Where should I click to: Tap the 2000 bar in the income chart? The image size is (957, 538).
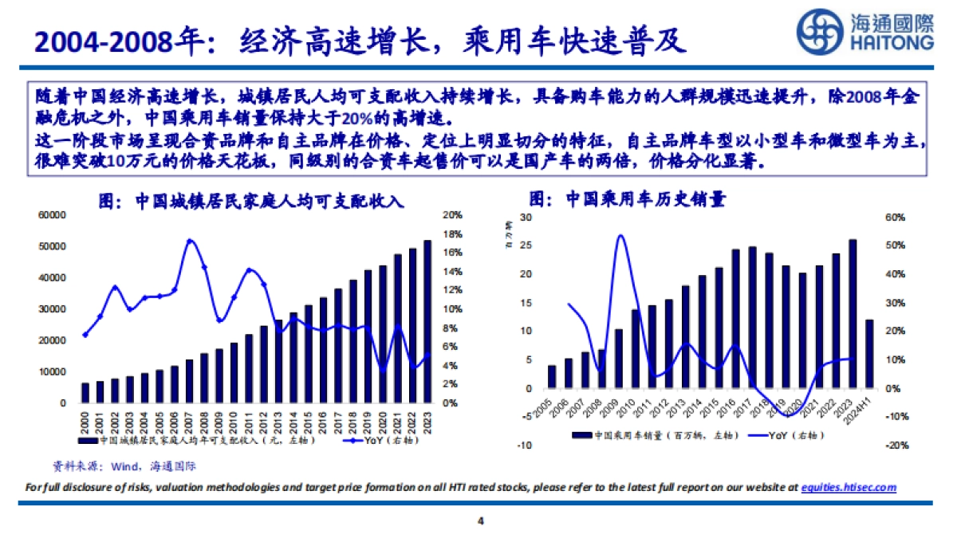[86, 393]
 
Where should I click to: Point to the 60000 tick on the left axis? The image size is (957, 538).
[52, 215]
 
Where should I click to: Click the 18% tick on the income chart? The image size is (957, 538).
[452, 234]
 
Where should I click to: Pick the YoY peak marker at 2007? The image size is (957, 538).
[190, 241]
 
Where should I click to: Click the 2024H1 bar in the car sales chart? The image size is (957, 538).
[869, 354]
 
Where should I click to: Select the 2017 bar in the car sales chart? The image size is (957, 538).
[752, 317]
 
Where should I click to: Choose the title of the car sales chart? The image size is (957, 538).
[628, 199]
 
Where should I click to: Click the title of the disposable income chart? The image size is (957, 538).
[250, 202]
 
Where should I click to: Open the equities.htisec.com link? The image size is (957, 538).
[849, 487]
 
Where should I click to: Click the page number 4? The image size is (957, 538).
[480, 522]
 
